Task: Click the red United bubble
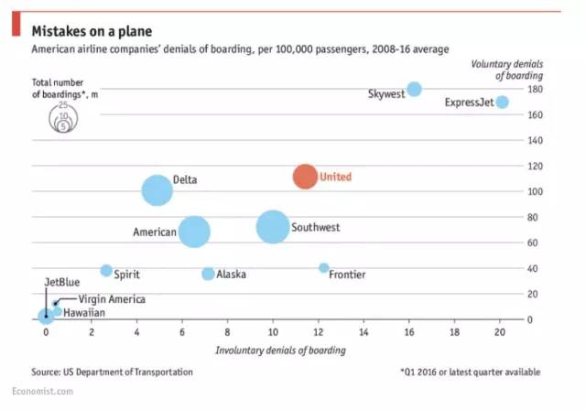pyautogui.click(x=305, y=177)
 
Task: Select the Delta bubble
pyautogui.click(x=157, y=190)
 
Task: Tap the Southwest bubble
pyautogui.click(x=273, y=227)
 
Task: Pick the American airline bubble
pyautogui.click(x=194, y=232)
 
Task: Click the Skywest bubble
pyautogui.click(x=414, y=89)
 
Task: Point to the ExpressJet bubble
pyautogui.click(x=502, y=102)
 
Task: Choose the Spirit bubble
pyautogui.click(x=106, y=270)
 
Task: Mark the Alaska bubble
pyautogui.click(x=208, y=274)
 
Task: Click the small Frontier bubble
pyautogui.click(x=323, y=268)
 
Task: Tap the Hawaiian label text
pyautogui.click(x=84, y=313)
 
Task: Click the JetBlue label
pyautogui.click(x=63, y=283)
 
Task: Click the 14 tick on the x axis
pyautogui.click(x=364, y=332)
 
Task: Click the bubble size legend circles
pyautogui.click(x=63, y=119)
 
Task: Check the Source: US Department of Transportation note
pyautogui.click(x=112, y=372)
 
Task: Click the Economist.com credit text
pyautogui.click(x=49, y=391)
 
